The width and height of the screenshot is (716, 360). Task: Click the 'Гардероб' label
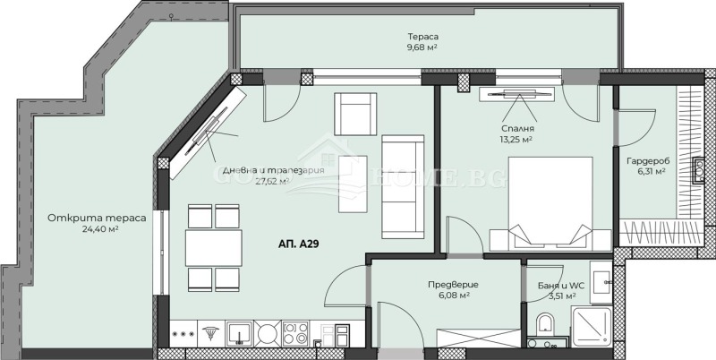[x=648, y=160]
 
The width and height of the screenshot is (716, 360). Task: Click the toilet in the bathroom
[x=543, y=324]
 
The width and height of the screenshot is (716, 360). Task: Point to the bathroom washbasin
[x=600, y=278]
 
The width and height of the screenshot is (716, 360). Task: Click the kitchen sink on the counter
[x=238, y=333]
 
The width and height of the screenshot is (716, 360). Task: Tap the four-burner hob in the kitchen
[x=296, y=333]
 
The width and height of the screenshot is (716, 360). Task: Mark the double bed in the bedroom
[x=550, y=203]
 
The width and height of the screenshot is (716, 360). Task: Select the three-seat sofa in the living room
[x=398, y=186]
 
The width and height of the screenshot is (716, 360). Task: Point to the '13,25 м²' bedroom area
[x=516, y=140]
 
